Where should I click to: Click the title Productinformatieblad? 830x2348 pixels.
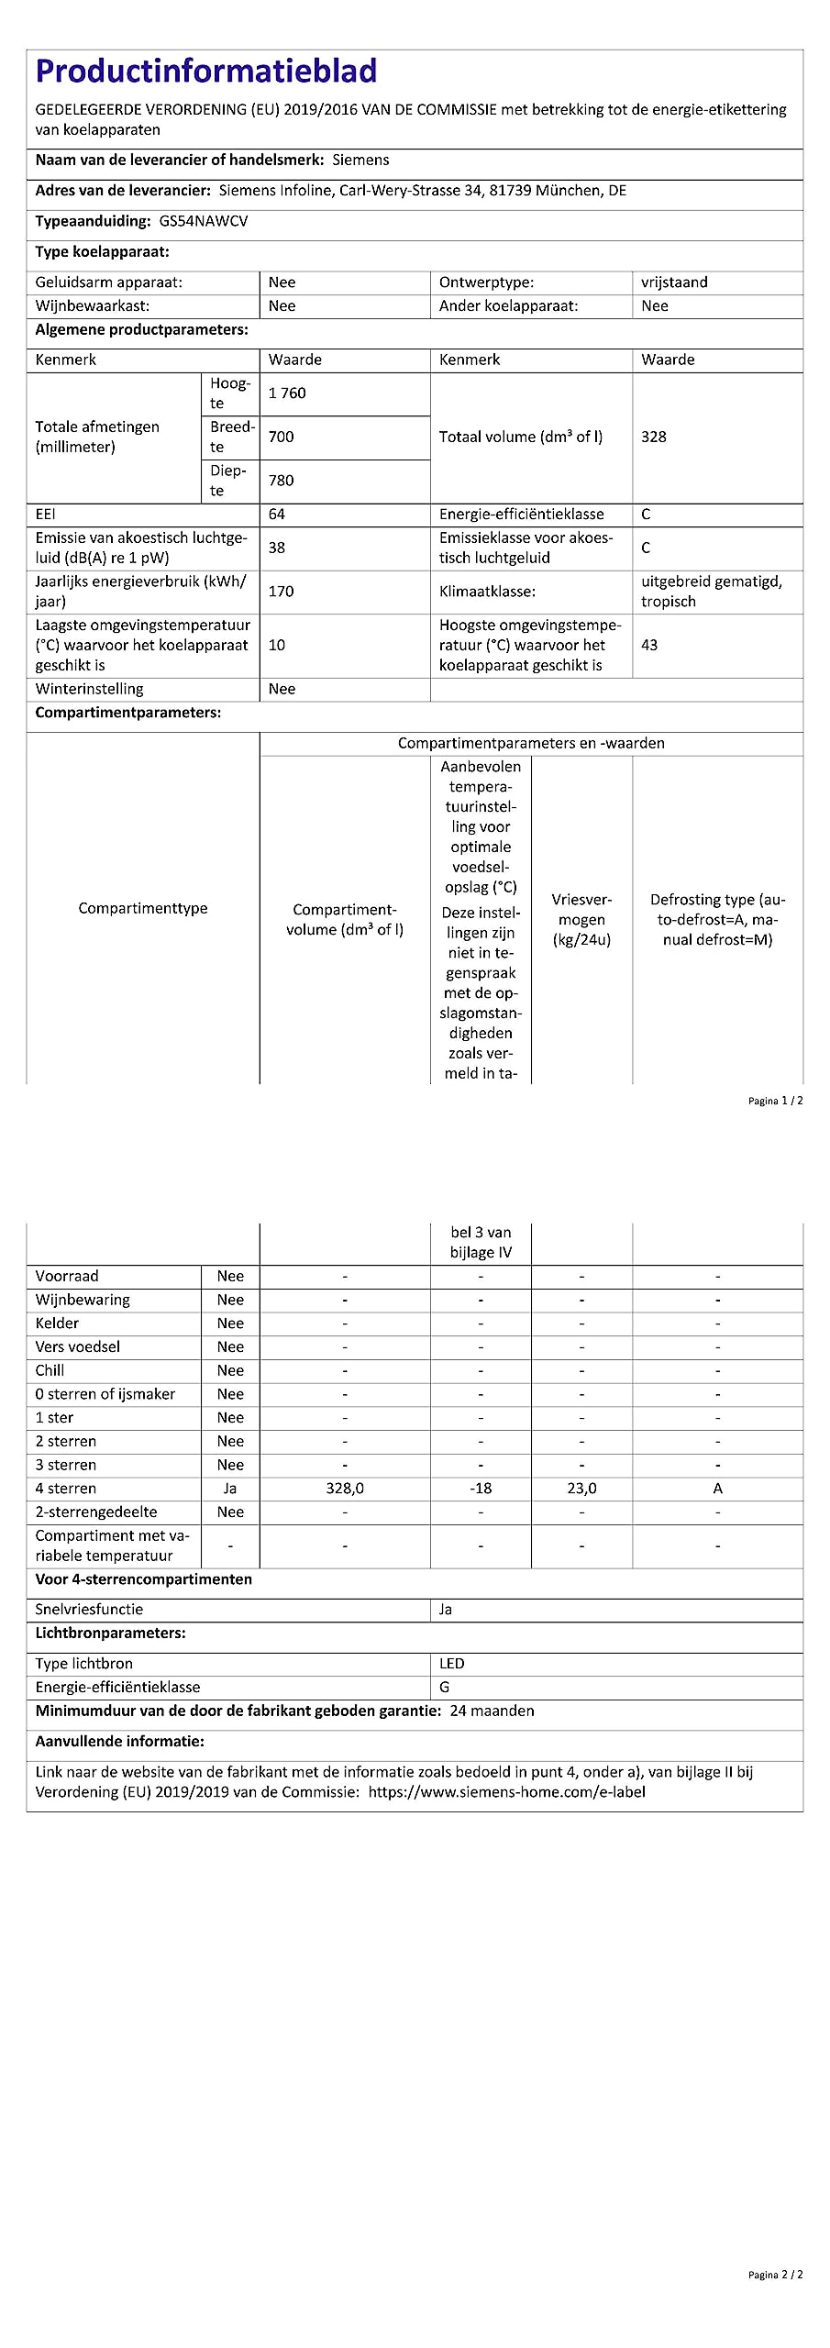pos(206,72)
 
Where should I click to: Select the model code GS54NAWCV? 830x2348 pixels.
pos(204,221)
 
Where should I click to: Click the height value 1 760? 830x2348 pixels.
pos(287,393)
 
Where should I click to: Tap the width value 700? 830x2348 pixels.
pos(282,437)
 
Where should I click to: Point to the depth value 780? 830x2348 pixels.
pos(282,481)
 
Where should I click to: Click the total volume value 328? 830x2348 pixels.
pos(654,437)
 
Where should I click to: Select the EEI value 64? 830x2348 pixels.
pos(277,515)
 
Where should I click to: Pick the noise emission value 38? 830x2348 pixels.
pos(277,548)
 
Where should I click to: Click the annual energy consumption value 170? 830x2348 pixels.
pos(282,592)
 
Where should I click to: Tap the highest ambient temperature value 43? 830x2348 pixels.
pos(649,645)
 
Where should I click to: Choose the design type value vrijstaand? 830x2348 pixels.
pos(674,282)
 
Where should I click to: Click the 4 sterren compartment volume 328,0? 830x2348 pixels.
pos(345,1489)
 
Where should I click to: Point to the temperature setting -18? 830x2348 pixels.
pos(481,1489)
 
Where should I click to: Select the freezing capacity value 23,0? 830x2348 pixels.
pos(581,1489)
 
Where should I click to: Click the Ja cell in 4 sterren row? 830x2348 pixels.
pos(230,1489)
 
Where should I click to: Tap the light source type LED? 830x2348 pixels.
pos(452,1664)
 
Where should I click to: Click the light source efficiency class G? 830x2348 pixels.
pos(445,1688)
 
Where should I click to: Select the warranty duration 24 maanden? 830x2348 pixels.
pos(492,1711)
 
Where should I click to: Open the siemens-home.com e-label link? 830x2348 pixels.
pos(507,1792)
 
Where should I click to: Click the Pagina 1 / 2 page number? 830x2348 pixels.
pos(775,1101)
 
